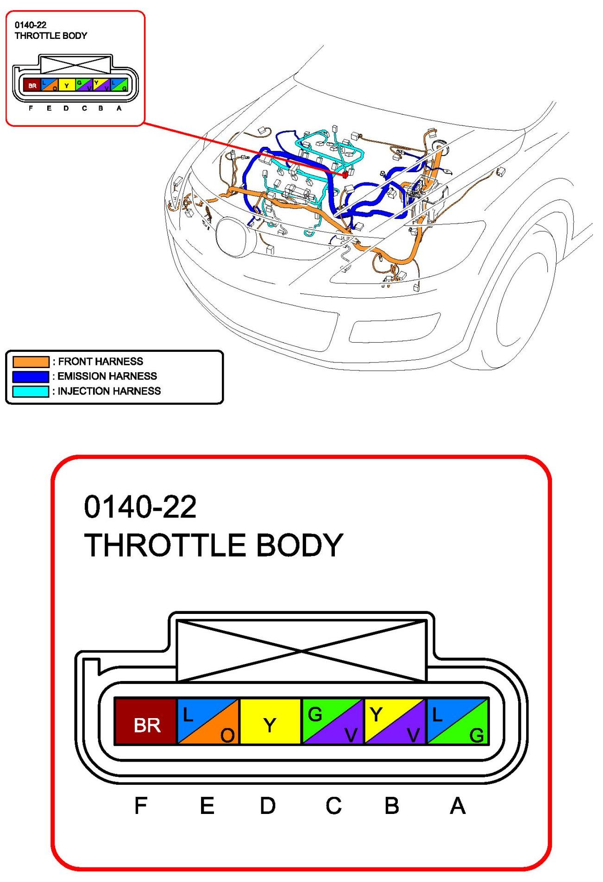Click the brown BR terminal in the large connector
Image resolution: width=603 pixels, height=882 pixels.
(x=146, y=721)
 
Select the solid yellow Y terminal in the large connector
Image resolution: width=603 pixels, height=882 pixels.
(x=270, y=721)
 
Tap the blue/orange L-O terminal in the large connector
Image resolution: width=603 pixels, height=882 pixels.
(x=208, y=721)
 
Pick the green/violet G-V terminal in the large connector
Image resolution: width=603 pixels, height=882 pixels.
(x=333, y=721)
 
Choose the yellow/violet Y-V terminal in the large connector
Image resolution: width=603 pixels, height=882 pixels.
(x=395, y=721)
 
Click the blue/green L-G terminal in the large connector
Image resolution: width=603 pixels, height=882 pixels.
(x=458, y=721)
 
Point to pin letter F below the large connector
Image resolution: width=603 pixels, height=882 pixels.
(x=141, y=806)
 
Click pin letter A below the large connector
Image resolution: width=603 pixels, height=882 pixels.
(x=458, y=806)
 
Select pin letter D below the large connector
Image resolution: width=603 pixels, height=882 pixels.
(x=268, y=806)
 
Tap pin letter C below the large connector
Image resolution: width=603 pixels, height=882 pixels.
(x=333, y=806)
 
